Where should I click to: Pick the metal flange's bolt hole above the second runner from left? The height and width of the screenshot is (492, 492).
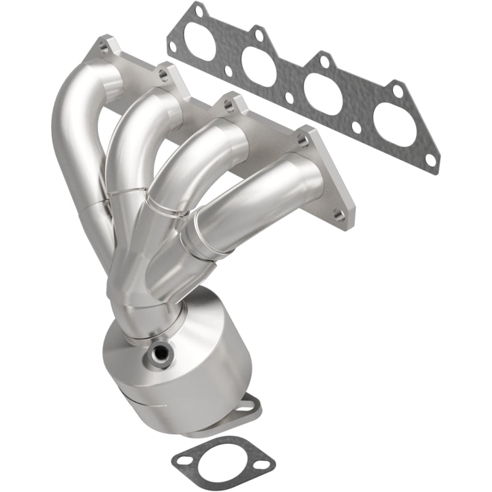point(162,76)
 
